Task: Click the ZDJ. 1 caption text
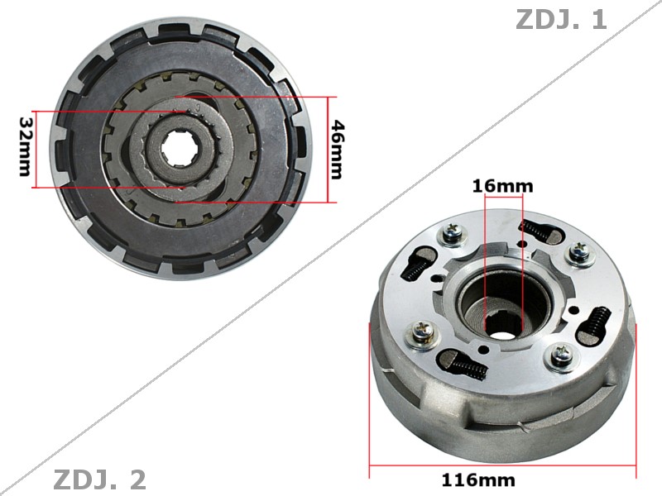561,20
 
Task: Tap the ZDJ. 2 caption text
99,479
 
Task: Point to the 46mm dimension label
337,149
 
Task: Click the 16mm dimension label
502,186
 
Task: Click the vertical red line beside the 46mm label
329,149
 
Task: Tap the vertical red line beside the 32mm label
34,149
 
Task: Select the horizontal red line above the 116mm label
501,466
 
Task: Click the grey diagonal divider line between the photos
331,248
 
